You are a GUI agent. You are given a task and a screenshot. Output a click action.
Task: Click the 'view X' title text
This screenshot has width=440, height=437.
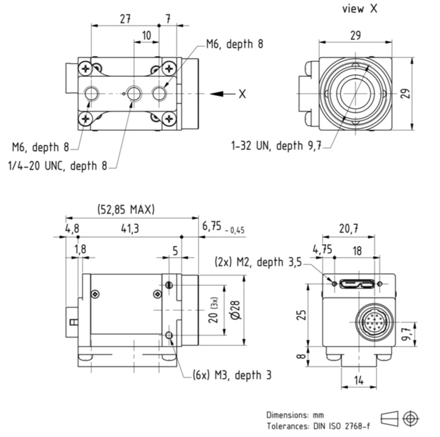click(x=361, y=9)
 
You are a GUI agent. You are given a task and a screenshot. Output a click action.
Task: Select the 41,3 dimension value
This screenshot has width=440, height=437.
click(x=129, y=229)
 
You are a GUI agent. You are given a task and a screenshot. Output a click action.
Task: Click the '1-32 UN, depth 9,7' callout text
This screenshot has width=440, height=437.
click(x=277, y=146)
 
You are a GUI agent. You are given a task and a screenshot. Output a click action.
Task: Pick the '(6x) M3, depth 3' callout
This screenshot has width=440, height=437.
click(x=232, y=374)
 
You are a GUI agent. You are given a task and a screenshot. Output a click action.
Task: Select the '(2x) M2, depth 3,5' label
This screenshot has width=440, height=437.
click(x=258, y=262)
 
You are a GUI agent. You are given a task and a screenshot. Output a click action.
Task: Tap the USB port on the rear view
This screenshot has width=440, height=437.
click(x=355, y=284)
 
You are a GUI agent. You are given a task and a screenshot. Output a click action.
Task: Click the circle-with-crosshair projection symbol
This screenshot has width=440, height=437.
click(x=411, y=417)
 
